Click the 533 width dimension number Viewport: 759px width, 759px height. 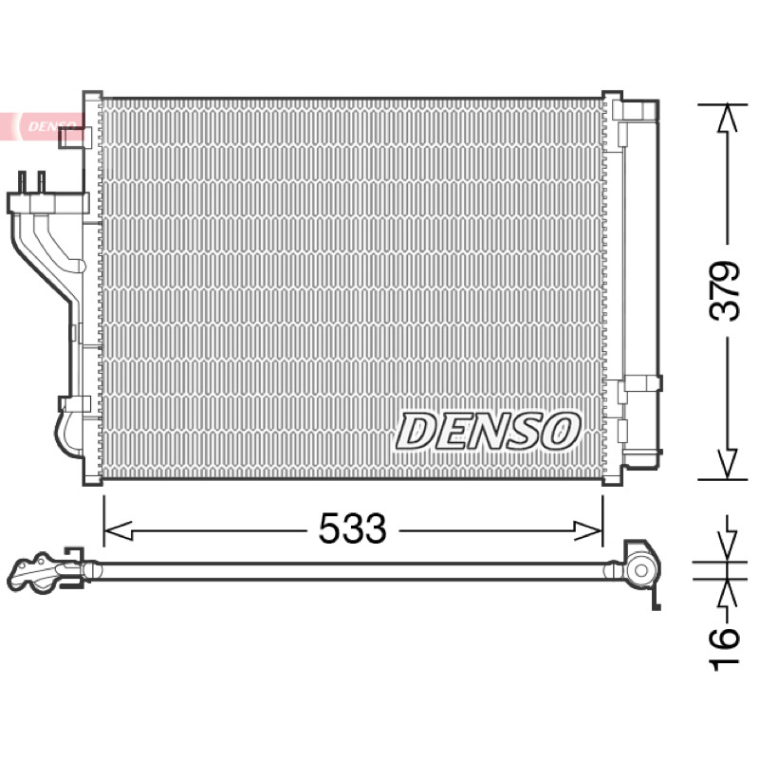pos(352,528)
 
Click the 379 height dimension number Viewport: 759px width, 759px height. pos(725,291)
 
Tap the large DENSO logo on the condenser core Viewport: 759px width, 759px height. pos(488,431)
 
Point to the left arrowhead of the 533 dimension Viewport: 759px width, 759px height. pos(118,531)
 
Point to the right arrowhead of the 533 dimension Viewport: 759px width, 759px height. pos(588,531)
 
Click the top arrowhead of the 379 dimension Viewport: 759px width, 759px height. pos(727,119)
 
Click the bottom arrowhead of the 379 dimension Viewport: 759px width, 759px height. pos(727,464)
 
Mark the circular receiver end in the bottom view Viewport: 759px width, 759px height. pos(641,571)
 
